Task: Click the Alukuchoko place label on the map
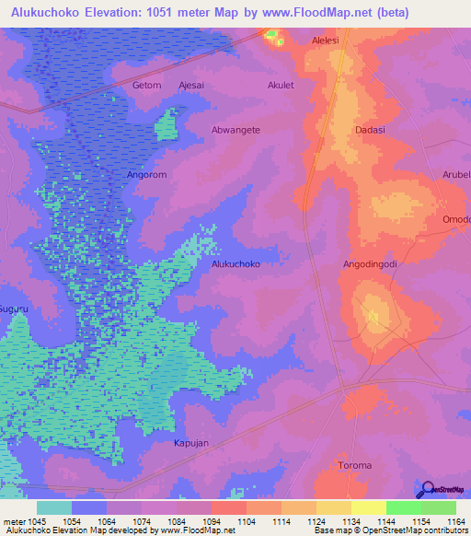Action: click(x=235, y=263)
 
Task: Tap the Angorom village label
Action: click(x=146, y=173)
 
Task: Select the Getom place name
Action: click(x=146, y=86)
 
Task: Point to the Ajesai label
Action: click(x=191, y=86)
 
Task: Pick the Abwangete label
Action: click(x=236, y=130)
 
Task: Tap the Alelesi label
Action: click(x=326, y=41)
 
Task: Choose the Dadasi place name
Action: click(x=369, y=130)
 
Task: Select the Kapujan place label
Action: click(x=191, y=443)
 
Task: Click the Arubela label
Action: click(x=457, y=174)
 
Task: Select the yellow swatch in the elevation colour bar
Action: click(x=368, y=507)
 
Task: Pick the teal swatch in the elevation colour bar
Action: click(x=54, y=507)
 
